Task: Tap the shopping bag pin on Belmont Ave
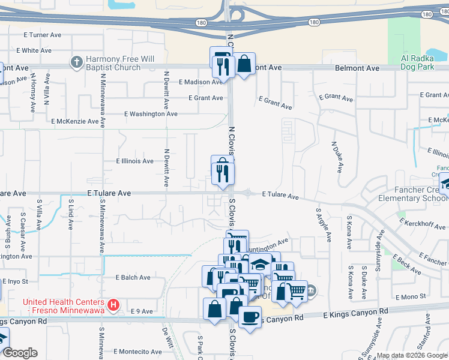point(244,64)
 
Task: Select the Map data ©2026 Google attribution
point(412,356)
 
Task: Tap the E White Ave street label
point(34,50)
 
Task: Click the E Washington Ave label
point(151,113)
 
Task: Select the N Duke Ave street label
point(336,157)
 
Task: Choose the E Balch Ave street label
point(133,278)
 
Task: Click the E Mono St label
point(411,296)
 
